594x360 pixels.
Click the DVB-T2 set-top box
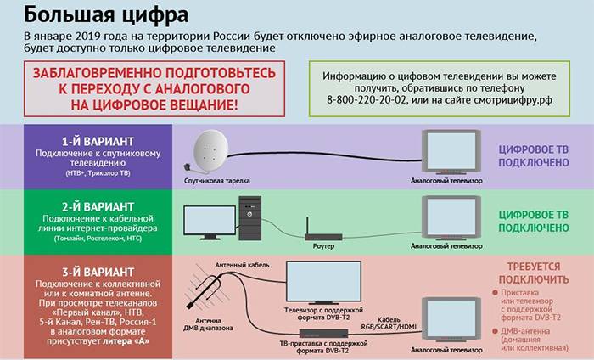pyautogui.click(x=322, y=331)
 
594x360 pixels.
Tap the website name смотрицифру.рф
pyautogui.click(x=506, y=100)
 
